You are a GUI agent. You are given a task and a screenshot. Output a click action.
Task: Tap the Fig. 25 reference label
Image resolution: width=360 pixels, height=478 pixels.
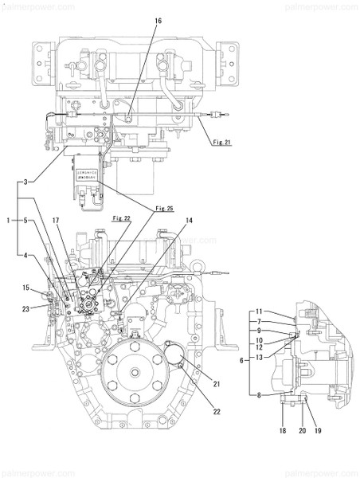[164, 209]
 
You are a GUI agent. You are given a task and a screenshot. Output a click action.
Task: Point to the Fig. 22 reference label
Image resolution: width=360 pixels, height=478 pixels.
[121, 217]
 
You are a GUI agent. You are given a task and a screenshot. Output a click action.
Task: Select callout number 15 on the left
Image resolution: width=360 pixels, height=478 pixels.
[25, 288]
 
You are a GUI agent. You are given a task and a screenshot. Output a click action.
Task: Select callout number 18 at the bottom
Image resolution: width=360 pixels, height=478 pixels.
[281, 431]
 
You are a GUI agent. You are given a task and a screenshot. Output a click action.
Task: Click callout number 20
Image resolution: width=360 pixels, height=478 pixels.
[301, 431]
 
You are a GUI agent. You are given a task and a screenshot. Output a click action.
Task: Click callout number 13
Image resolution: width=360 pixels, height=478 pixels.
[259, 358]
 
